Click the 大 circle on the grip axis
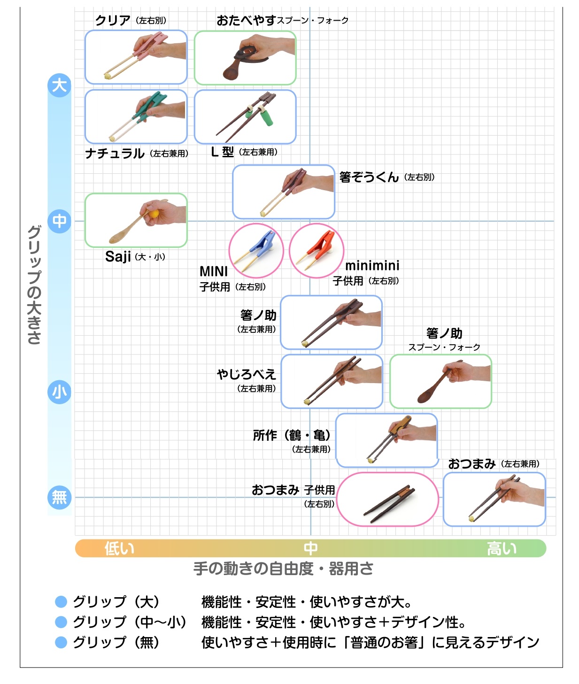click(x=59, y=85)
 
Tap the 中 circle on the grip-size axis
click(x=59, y=221)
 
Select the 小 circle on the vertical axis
click(x=59, y=392)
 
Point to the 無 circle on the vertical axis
click(x=59, y=497)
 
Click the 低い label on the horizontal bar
click(x=119, y=548)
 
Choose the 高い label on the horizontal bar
click(x=502, y=548)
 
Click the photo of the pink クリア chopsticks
click(x=136, y=57)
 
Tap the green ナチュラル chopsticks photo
click(x=136, y=116)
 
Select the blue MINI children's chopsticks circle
click(x=256, y=251)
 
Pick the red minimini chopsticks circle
click(x=317, y=251)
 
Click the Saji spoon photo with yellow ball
click(x=136, y=220)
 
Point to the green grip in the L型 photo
click(x=266, y=117)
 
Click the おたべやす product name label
click(x=246, y=20)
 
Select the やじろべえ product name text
click(x=246, y=374)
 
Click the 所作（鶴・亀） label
click(x=292, y=435)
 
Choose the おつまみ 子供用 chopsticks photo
click(x=388, y=499)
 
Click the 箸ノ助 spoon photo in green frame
click(x=440, y=381)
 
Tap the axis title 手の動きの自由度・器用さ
click(x=283, y=569)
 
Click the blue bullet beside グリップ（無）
click(x=61, y=642)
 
